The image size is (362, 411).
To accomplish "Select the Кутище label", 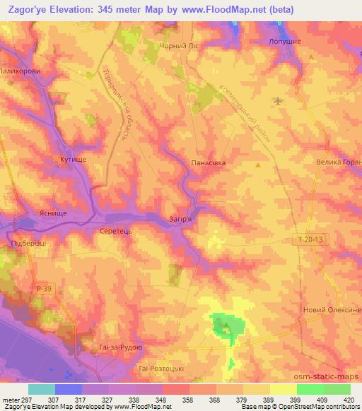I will click(74, 160).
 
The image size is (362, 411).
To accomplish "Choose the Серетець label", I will click(116, 231).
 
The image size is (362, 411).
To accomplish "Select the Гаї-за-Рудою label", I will click(122, 348).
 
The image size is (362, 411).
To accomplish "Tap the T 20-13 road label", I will click(310, 241).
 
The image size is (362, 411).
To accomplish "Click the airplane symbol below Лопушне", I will click(277, 100).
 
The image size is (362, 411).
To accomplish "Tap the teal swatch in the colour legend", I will click(42, 389).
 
